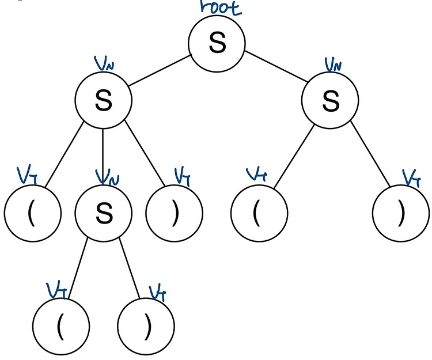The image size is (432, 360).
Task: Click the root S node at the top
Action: pyautogui.click(x=217, y=43)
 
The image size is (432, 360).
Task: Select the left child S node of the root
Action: pyautogui.click(x=103, y=101)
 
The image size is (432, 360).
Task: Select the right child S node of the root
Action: pyautogui.click(x=331, y=101)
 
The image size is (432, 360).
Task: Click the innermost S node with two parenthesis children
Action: pyautogui.click(x=103, y=213)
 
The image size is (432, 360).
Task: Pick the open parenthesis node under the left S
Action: pyautogui.click(x=32, y=213)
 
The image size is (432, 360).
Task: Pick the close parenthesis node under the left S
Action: pyautogui.click(x=174, y=213)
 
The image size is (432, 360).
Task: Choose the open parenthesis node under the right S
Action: pyautogui.click(x=259, y=213)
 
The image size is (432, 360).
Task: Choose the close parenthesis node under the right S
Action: pyautogui.click(x=401, y=213)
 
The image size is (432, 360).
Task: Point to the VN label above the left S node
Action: pyautogui.click(x=104, y=62)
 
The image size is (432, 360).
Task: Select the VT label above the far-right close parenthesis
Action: pyautogui.click(x=411, y=177)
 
